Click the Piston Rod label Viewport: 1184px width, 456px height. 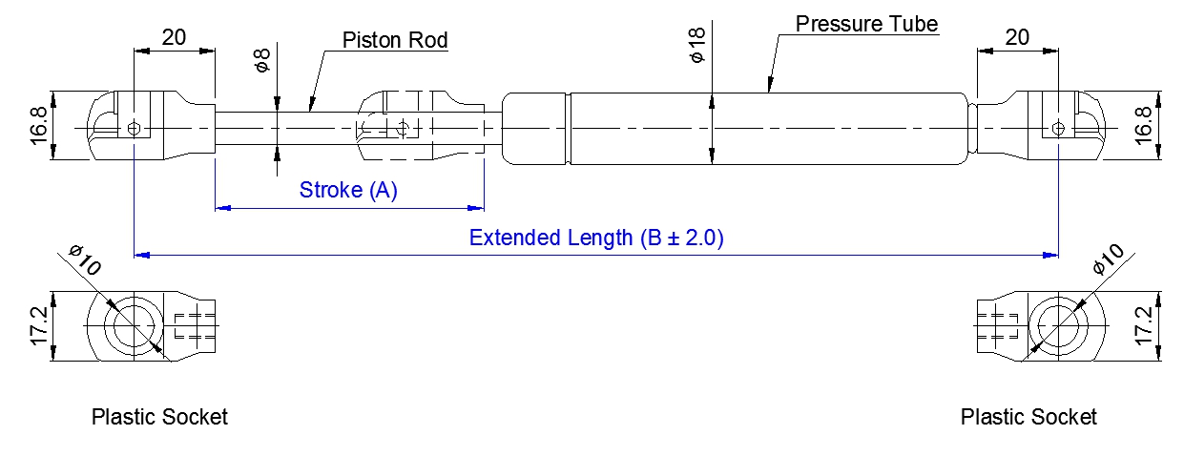pyautogui.click(x=395, y=40)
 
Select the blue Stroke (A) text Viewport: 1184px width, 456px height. pyautogui.click(x=348, y=190)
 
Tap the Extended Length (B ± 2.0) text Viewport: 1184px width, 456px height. pyautogui.click(x=596, y=238)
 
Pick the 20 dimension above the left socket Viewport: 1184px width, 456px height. pyautogui.click(x=174, y=37)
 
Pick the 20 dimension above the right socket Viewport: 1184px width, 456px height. pyautogui.click(x=1017, y=37)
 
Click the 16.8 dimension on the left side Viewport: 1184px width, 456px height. pyautogui.click(x=38, y=126)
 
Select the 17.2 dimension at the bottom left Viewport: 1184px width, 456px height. pyautogui.click(x=38, y=326)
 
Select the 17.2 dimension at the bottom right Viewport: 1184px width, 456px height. pyautogui.click(x=1143, y=326)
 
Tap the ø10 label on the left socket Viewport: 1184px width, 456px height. pyautogui.click(x=86, y=260)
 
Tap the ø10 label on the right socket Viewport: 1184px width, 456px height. pyautogui.click(x=1109, y=260)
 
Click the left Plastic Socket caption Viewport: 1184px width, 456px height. pyautogui.click(x=159, y=417)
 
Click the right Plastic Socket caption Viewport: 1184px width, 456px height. pyautogui.click(x=1028, y=417)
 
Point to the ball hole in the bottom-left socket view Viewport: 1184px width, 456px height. pyautogui.click(x=135, y=326)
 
